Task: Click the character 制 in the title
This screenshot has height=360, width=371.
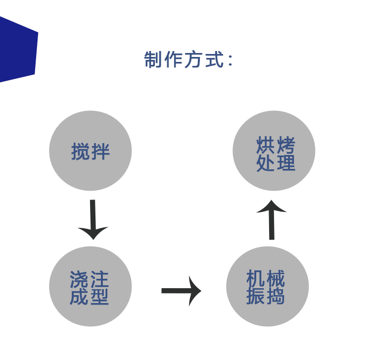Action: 153,59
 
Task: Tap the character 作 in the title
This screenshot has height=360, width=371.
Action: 173,59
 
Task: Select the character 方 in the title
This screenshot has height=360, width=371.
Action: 193,59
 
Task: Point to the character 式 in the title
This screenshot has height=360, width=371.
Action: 214,59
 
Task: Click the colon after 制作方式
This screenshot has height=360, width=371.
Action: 231,60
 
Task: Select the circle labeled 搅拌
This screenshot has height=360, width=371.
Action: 91,151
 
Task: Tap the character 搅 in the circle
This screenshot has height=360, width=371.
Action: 80,152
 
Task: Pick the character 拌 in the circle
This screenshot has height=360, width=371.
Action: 100,152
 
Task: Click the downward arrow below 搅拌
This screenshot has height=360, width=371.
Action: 93,220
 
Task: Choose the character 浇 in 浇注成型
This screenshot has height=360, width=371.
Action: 79,279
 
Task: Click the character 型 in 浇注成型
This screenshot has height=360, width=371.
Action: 99,296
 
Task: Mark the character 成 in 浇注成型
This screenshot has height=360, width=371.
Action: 79,296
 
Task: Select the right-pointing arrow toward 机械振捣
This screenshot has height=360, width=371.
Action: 181,291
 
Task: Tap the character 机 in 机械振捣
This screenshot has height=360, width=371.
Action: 255,278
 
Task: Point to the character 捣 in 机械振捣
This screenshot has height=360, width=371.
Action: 276,296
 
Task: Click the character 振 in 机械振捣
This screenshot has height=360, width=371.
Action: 255,296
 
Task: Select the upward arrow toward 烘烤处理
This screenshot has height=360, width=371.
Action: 272,220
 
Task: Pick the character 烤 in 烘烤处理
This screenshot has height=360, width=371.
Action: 286,145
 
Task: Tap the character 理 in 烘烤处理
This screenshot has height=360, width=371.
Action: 286,163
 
